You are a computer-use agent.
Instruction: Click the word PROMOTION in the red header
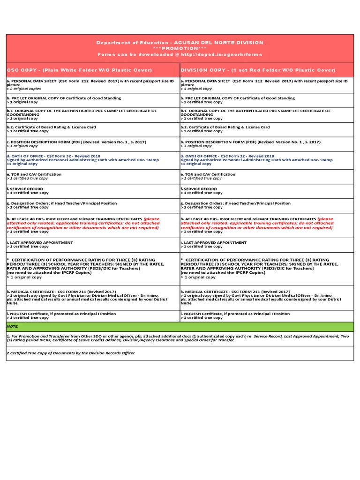pyautogui.click(x=180, y=48)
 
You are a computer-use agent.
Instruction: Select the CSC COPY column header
pyautogui.click(x=79, y=70)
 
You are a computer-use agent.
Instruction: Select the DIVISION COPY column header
pyautogui.click(x=258, y=70)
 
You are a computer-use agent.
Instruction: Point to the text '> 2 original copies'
pyautogui.click(x=24, y=89)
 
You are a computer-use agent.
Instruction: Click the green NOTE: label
pyautogui.click(x=13, y=325)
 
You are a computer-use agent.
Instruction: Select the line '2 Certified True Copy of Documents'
pyautogui.click(x=70, y=352)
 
